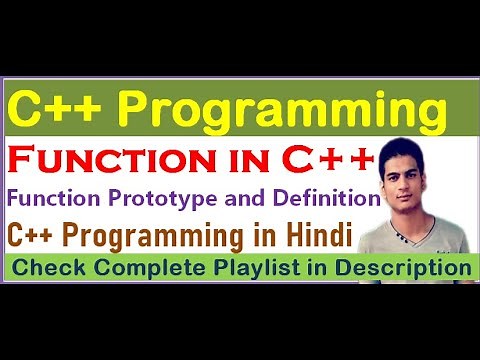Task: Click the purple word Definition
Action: [x=332, y=198]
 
